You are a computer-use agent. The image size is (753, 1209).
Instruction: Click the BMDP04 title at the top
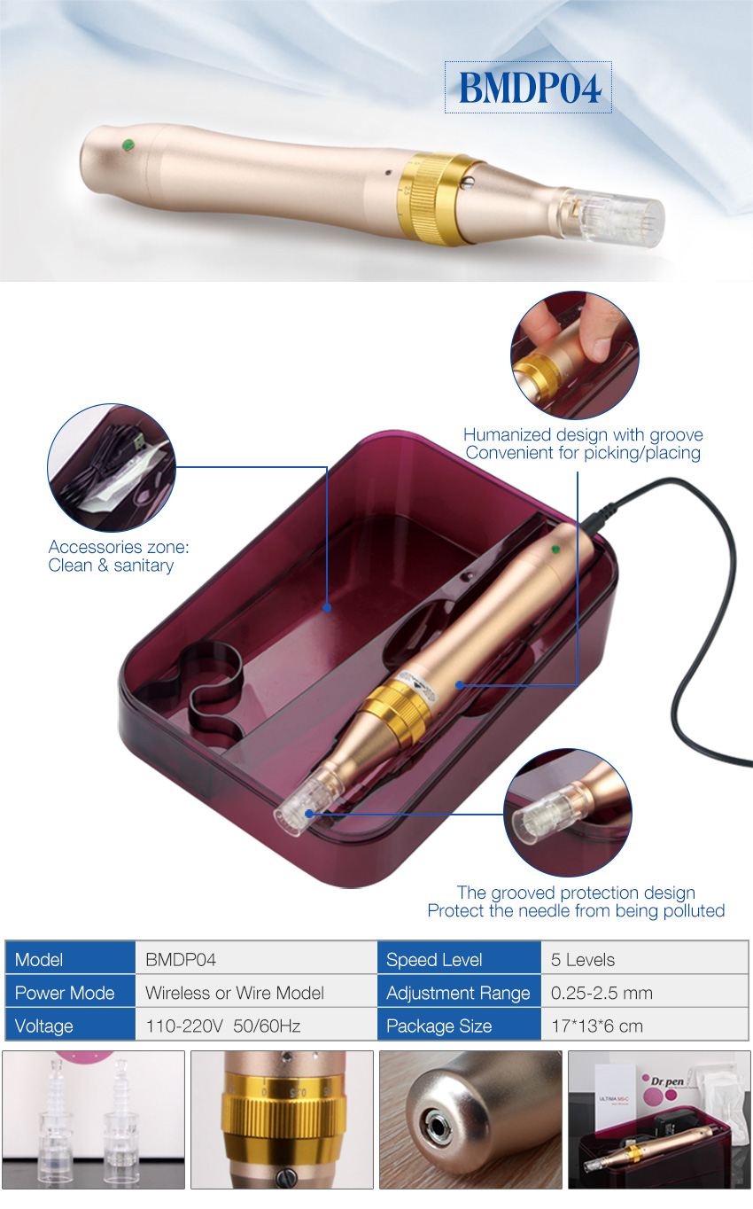pyautogui.click(x=529, y=88)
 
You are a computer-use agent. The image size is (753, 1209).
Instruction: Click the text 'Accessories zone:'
pyautogui.click(x=119, y=547)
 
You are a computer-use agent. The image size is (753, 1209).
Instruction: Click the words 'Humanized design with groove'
pyautogui.click(x=583, y=434)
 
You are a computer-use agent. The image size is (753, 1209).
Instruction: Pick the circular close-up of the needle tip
pyautogui.click(x=568, y=813)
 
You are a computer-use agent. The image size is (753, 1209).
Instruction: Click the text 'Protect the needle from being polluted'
pyautogui.click(x=576, y=910)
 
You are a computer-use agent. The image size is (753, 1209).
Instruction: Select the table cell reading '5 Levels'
pyautogui.click(x=583, y=959)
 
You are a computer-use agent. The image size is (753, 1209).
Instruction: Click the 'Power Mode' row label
pyautogui.click(x=65, y=993)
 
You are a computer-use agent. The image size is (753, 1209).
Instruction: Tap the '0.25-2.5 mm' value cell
pyautogui.click(x=602, y=993)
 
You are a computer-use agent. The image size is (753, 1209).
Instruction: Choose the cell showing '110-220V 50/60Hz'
pyautogui.click(x=223, y=1026)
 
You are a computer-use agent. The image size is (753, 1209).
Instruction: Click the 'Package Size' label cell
pyautogui.click(x=439, y=1026)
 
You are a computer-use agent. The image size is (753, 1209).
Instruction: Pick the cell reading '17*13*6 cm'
pyautogui.click(x=597, y=1026)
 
